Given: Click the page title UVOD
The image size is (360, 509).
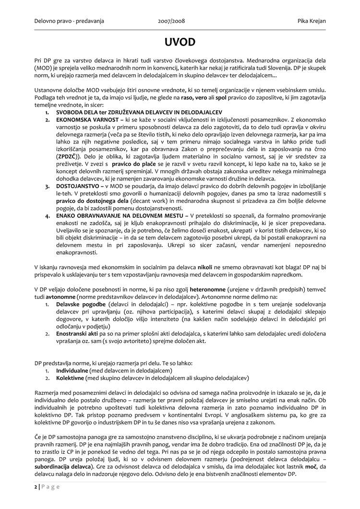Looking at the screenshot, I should (180, 42).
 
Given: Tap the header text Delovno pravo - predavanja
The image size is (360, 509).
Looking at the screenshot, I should (69, 22).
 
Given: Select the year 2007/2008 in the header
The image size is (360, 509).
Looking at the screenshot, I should (171, 22).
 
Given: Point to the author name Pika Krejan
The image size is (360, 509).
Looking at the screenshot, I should (309, 22).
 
